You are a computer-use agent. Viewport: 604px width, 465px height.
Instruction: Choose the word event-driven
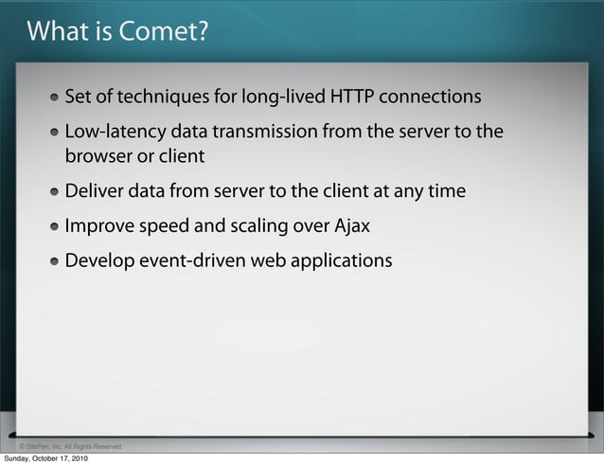pyautogui.click(x=194, y=259)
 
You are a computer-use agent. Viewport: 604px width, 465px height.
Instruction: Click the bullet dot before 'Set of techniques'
pyautogui.click(x=58, y=98)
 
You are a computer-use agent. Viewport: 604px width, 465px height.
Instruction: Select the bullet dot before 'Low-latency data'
pyautogui.click(x=58, y=133)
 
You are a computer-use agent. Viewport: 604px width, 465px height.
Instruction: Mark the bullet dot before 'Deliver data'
pyautogui.click(x=58, y=192)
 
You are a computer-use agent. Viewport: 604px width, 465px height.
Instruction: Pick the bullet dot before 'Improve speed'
pyautogui.click(x=58, y=227)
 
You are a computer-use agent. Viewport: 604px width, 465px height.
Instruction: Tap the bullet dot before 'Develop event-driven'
pyautogui.click(x=58, y=260)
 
